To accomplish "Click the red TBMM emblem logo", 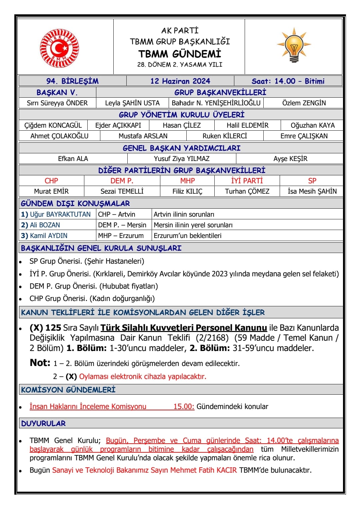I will [x=60, y=48].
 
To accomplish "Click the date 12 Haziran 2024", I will [x=180, y=81].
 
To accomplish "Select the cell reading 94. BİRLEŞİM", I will [x=72, y=81].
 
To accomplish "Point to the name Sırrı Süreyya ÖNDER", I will [x=57, y=103].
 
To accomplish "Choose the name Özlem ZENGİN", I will [x=304, y=103].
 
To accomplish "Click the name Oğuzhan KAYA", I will [x=313, y=125].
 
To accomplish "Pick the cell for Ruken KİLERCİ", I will [x=225, y=136].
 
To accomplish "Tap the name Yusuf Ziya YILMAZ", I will [x=182, y=159].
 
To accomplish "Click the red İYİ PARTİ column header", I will [x=247, y=181].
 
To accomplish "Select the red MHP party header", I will [x=187, y=181].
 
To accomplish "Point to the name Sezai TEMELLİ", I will [x=122, y=191].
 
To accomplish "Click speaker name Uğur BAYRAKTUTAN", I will [x=60, y=214].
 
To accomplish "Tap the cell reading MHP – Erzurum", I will [x=121, y=236].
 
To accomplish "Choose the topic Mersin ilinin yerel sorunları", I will [x=193, y=225].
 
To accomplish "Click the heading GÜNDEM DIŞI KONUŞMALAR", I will [x=75, y=203].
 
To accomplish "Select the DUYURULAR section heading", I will [x=43, y=423].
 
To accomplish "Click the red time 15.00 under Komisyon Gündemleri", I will [x=184, y=406].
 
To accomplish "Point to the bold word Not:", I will [x=40, y=363].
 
